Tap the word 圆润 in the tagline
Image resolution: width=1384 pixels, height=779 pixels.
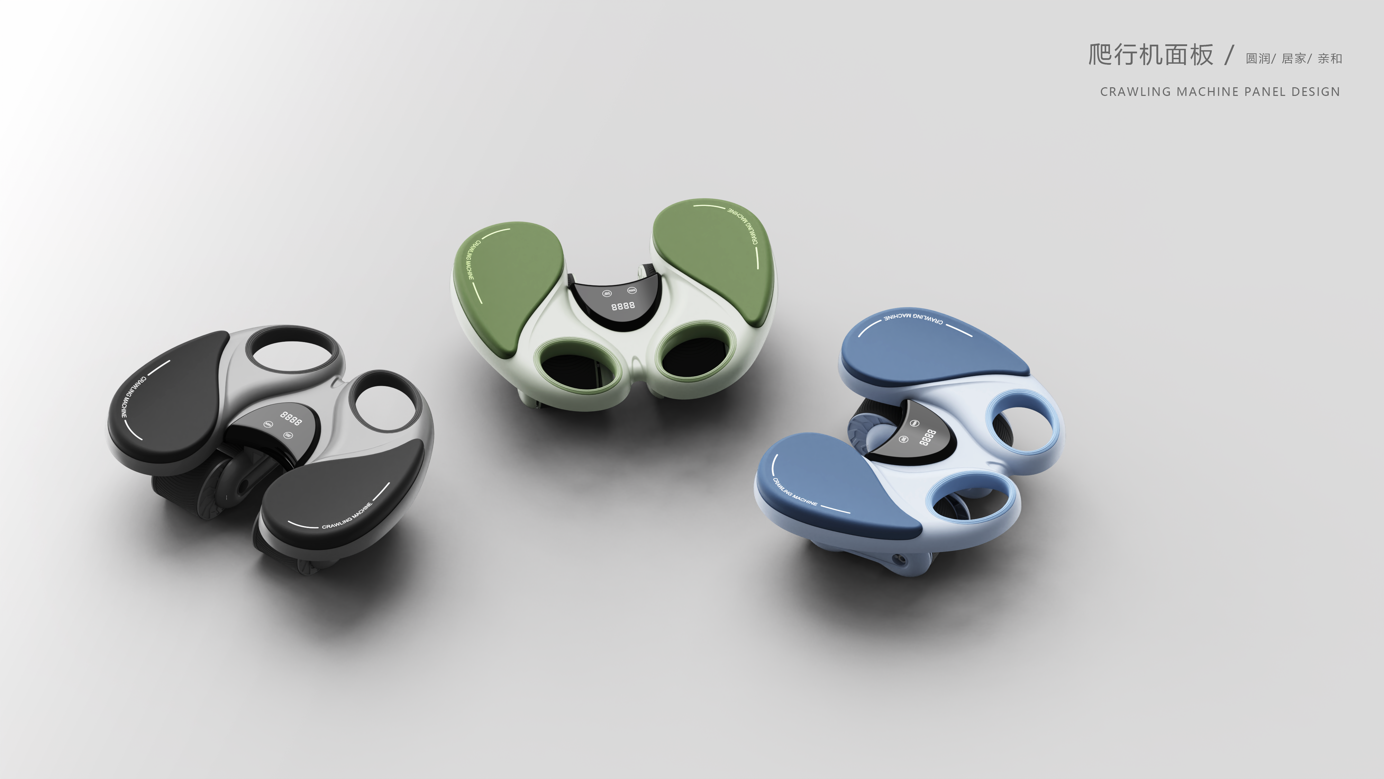1257,59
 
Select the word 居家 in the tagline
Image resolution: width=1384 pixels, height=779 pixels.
1294,59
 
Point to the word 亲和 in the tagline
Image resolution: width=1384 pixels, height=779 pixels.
1330,59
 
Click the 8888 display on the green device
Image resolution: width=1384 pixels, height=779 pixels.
623,306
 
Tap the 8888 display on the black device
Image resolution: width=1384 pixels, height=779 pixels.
291,418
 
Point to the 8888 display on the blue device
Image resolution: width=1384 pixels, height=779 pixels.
927,437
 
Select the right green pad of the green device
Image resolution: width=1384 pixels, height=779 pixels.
714,258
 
